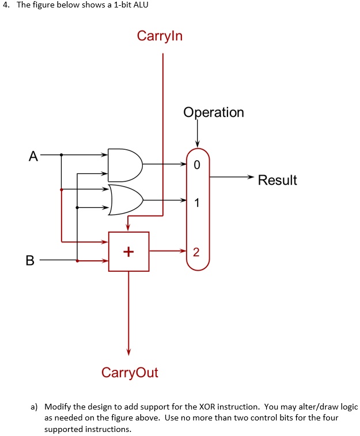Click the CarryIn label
160,36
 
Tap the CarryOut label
130,372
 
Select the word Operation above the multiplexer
214,112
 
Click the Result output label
277,180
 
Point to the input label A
33,156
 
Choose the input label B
30,260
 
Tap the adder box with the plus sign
128,252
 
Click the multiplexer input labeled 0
197,165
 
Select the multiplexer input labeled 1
197,203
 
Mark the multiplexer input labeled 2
196,252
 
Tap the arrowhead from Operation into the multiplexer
198,143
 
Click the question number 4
4,6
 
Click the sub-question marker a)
35,407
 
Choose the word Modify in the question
56,407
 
